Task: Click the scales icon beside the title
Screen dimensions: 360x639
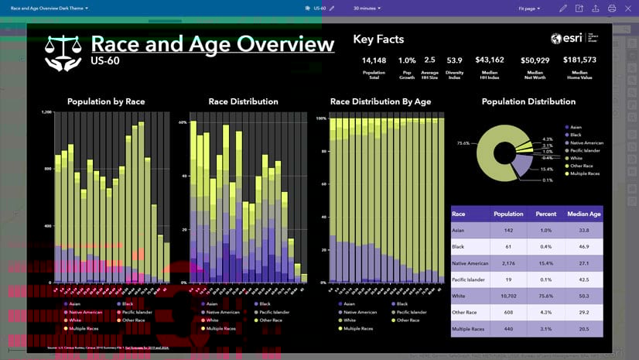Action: pos(61,53)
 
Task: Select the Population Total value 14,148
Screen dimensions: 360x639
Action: pos(374,60)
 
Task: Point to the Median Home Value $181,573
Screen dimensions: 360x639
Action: pos(579,60)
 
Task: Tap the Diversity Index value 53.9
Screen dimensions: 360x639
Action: pos(454,60)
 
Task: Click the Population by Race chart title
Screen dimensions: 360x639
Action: pos(106,101)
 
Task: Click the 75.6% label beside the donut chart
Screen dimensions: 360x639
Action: pos(463,143)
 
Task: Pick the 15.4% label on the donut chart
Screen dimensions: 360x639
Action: pos(547,169)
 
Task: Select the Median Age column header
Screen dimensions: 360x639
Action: pos(584,214)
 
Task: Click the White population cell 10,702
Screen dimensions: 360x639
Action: pos(508,296)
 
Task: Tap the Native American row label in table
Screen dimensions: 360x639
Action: pos(470,263)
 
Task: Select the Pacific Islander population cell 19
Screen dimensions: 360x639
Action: pos(508,279)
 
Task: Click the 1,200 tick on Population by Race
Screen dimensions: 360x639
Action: pos(46,112)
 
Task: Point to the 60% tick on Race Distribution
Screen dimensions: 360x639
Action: pos(183,122)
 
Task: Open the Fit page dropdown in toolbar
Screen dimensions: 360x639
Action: pos(529,8)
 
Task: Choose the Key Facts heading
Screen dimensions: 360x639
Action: pos(378,39)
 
